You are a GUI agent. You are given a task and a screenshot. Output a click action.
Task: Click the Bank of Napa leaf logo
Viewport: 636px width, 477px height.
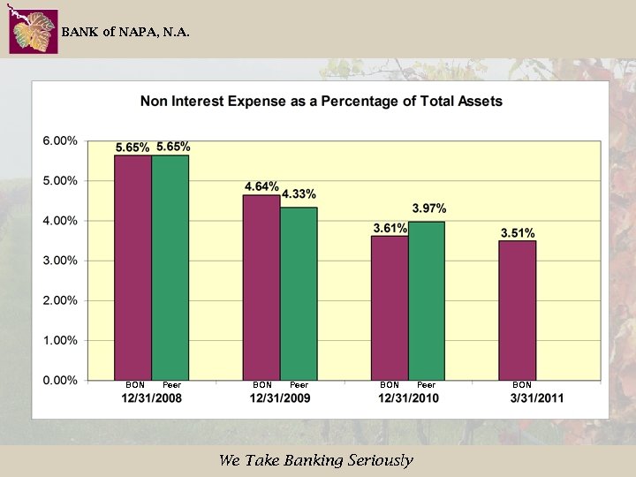[33, 32]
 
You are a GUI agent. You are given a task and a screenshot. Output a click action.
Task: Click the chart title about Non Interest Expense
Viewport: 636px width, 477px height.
[321, 102]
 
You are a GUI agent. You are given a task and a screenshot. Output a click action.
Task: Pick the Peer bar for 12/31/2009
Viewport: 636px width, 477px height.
[299, 294]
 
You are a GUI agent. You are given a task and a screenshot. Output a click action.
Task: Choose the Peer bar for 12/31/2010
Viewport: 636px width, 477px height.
[427, 301]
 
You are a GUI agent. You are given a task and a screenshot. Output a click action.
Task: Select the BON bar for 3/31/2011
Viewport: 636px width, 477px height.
[518, 310]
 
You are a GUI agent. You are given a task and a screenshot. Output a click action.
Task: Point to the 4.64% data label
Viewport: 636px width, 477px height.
[261, 186]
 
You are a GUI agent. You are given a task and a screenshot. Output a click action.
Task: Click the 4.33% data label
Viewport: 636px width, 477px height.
[299, 194]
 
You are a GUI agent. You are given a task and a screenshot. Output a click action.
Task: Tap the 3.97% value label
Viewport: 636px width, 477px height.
[429, 208]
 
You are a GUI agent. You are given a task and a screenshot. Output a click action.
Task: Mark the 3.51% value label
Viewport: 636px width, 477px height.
[518, 233]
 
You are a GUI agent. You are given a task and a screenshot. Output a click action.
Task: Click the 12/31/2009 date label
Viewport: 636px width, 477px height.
[280, 398]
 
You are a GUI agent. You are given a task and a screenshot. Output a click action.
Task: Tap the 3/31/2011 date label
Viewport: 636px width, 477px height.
[536, 398]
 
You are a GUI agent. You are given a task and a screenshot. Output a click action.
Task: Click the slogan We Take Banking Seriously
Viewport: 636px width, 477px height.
[316, 460]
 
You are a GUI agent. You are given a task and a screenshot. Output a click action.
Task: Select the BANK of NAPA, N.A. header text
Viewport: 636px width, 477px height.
[125, 32]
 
